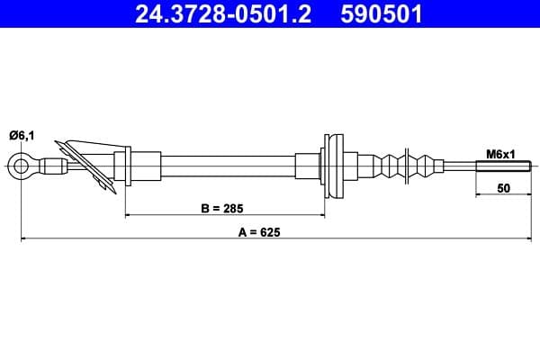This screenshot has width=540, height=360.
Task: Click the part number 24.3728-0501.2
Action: [x=223, y=13]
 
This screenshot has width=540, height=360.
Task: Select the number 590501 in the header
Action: [x=382, y=13]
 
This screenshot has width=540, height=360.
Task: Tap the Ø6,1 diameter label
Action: [x=22, y=136]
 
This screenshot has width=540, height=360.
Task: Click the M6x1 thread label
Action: [x=500, y=154]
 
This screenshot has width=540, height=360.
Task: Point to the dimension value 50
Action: [x=504, y=188]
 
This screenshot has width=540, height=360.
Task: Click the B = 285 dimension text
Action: [x=222, y=209]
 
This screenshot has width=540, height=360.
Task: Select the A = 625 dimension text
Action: [x=259, y=232]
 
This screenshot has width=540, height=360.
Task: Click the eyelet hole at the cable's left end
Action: [x=21, y=166]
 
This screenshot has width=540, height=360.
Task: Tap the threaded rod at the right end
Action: [x=503, y=166]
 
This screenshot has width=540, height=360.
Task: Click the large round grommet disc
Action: [x=334, y=166]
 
